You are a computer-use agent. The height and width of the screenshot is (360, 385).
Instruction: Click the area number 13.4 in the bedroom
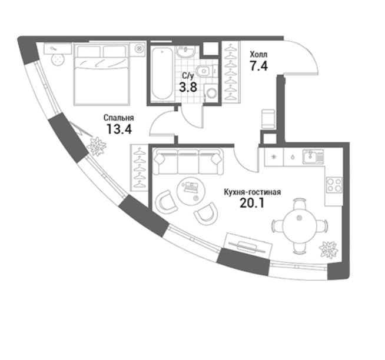[120, 129]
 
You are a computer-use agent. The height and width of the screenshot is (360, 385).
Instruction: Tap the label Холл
[258, 54]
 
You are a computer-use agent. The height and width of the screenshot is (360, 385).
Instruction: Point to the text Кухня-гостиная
[253, 192]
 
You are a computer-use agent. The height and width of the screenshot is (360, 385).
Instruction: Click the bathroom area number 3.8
[188, 87]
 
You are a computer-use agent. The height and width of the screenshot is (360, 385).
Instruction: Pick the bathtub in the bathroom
[162, 74]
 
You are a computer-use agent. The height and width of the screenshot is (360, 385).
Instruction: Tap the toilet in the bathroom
[205, 71]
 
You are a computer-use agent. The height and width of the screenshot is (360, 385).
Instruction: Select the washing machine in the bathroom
[211, 92]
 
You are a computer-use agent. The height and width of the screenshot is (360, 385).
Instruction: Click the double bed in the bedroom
[102, 75]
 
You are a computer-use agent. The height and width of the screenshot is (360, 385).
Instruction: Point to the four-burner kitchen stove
[334, 185]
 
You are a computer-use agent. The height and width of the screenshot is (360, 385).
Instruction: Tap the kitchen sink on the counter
[313, 157]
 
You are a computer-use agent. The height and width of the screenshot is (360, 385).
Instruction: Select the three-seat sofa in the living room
[188, 161]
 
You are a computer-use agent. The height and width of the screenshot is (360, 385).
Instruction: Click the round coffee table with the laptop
[191, 191]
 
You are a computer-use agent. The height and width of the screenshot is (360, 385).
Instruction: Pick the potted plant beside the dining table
[328, 250]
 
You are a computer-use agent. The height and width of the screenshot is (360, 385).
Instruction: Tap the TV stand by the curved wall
[248, 245]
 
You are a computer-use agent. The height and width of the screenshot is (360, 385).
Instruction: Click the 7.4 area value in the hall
[258, 66]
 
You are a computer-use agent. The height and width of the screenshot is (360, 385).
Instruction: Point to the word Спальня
[119, 118]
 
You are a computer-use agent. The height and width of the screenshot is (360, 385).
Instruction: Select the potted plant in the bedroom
[97, 146]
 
